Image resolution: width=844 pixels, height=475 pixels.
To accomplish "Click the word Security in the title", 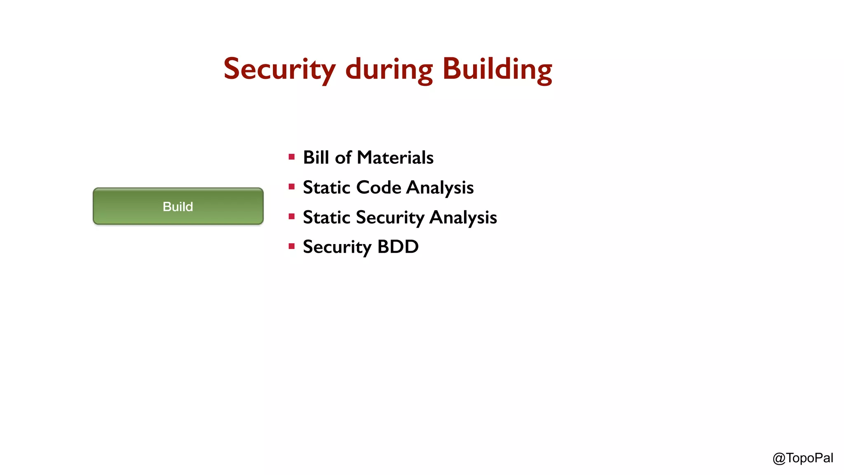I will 279,69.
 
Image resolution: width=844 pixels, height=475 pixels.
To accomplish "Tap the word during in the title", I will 389,69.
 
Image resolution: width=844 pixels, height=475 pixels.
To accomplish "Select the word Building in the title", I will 497,69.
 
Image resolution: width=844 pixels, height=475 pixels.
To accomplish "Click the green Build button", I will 178,206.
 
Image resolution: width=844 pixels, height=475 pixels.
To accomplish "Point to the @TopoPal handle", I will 802,458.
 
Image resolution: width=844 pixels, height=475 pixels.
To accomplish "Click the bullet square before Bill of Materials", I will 292,157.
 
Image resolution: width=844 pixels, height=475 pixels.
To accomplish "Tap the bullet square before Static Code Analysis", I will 292,187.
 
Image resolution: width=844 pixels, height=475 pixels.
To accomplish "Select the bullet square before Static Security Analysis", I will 292,216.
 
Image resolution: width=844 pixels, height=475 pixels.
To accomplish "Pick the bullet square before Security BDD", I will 292,247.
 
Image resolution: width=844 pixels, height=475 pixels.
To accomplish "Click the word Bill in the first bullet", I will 316,158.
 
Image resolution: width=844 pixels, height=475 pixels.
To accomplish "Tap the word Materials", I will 395,158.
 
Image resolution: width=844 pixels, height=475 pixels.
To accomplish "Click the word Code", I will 378,188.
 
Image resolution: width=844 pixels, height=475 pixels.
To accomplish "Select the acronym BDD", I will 398,247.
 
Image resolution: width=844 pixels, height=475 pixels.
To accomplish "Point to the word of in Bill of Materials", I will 343,158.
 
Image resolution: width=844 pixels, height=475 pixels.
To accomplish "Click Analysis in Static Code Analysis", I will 440,188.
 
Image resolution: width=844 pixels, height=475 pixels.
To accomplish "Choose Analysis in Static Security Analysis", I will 463,217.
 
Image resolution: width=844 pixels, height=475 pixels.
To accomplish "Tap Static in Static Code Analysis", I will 326,188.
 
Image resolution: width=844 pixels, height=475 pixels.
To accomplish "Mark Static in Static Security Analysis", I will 326,217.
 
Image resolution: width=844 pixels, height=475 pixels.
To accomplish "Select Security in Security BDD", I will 337,247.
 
